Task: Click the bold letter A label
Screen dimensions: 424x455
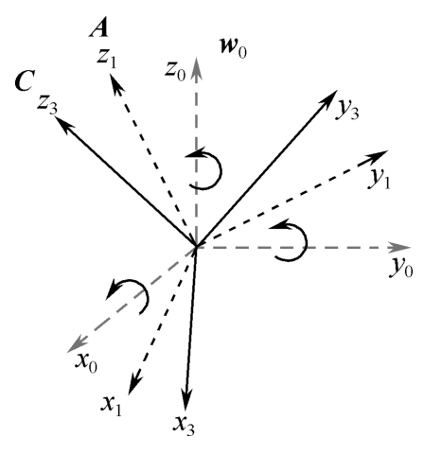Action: click(99, 30)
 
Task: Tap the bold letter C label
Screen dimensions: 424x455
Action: click(25, 81)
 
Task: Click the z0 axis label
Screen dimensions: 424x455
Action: click(175, 73)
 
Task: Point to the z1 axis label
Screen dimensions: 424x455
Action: click(107, 59)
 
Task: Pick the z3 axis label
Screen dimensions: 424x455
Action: click(47, 105)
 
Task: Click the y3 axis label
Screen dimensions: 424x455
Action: click(347, 111)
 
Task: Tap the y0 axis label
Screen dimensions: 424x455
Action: click(401, 269)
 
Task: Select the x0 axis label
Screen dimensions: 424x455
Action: click(86, 364)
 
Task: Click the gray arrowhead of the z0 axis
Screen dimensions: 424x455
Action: click(197, 67)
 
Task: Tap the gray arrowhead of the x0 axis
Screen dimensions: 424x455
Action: click(76, 344)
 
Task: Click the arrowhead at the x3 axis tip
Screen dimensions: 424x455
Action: click(186, 399)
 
